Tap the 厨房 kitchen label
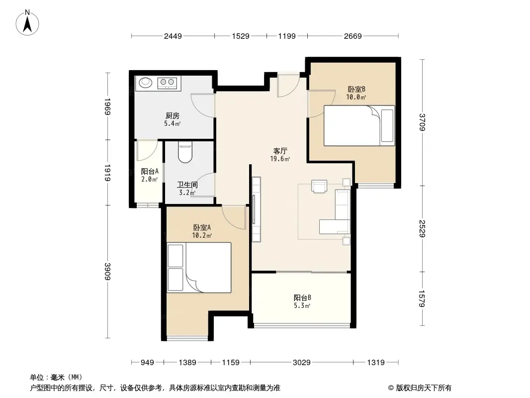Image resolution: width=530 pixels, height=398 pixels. [x=173, y=114]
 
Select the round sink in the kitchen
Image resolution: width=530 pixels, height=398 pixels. [x=145, y=83]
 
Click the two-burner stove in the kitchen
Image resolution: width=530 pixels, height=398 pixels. [x=167, y=83]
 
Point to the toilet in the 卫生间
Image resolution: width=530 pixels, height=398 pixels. [x=184, y=153]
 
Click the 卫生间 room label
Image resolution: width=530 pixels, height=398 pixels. [x=187, y=184]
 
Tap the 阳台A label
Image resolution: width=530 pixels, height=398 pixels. [x=150, y=171]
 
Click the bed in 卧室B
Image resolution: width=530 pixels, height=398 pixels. [x=359, y=125]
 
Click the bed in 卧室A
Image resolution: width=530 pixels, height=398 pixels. [x=199, y=267]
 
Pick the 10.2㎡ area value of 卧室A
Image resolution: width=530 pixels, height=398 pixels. [x=202, y=236]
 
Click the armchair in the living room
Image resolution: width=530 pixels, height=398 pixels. [x=319, y=185]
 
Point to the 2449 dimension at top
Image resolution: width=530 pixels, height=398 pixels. [x=173, y=36]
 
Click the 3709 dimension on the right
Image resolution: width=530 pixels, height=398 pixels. [x=422, y=122]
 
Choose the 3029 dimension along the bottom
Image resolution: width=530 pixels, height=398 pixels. [x=301, y=363]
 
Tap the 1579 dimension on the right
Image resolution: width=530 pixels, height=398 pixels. [x=422, y=298]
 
